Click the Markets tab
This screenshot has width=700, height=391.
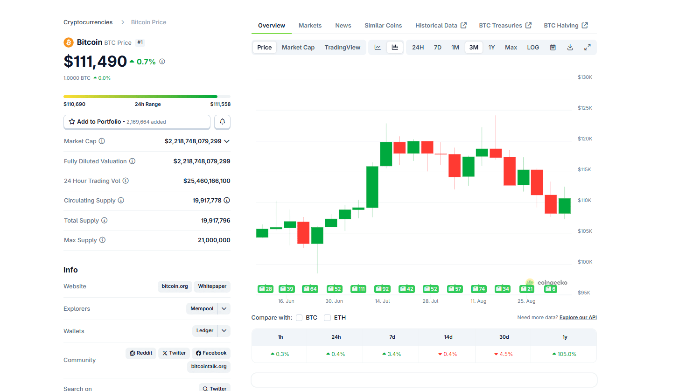click(x=310, y=26)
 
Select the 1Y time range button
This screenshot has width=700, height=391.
click(x=491, y=48)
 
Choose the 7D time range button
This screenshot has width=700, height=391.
click(x=437, y=48)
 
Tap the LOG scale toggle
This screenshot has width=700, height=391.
click(x=533, y=48)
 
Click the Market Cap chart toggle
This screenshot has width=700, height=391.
click(x=298, y=48)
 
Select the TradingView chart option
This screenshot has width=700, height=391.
click(x=342, y=48)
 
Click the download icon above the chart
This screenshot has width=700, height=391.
click(x=570, y=48)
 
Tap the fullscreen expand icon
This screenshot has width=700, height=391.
click(x=588, y=48)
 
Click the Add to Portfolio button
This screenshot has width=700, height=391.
click(x=137, y=122)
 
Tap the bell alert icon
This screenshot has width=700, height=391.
click(x=223, y=122)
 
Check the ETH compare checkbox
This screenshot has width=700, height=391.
click(x=328, y=318)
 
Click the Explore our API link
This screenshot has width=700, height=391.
click(x=578, y=318)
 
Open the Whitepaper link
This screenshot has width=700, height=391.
click(x=212, y=286)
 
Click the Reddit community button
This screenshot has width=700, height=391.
click(x=141, y=353)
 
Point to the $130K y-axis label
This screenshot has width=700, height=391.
click(x=585, y=77)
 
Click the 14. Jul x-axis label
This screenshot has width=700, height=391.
click(x=382, y=301)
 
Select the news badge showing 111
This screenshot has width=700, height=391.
click(x=358, y=289)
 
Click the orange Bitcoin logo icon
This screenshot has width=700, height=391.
click(x=69, y=42)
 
